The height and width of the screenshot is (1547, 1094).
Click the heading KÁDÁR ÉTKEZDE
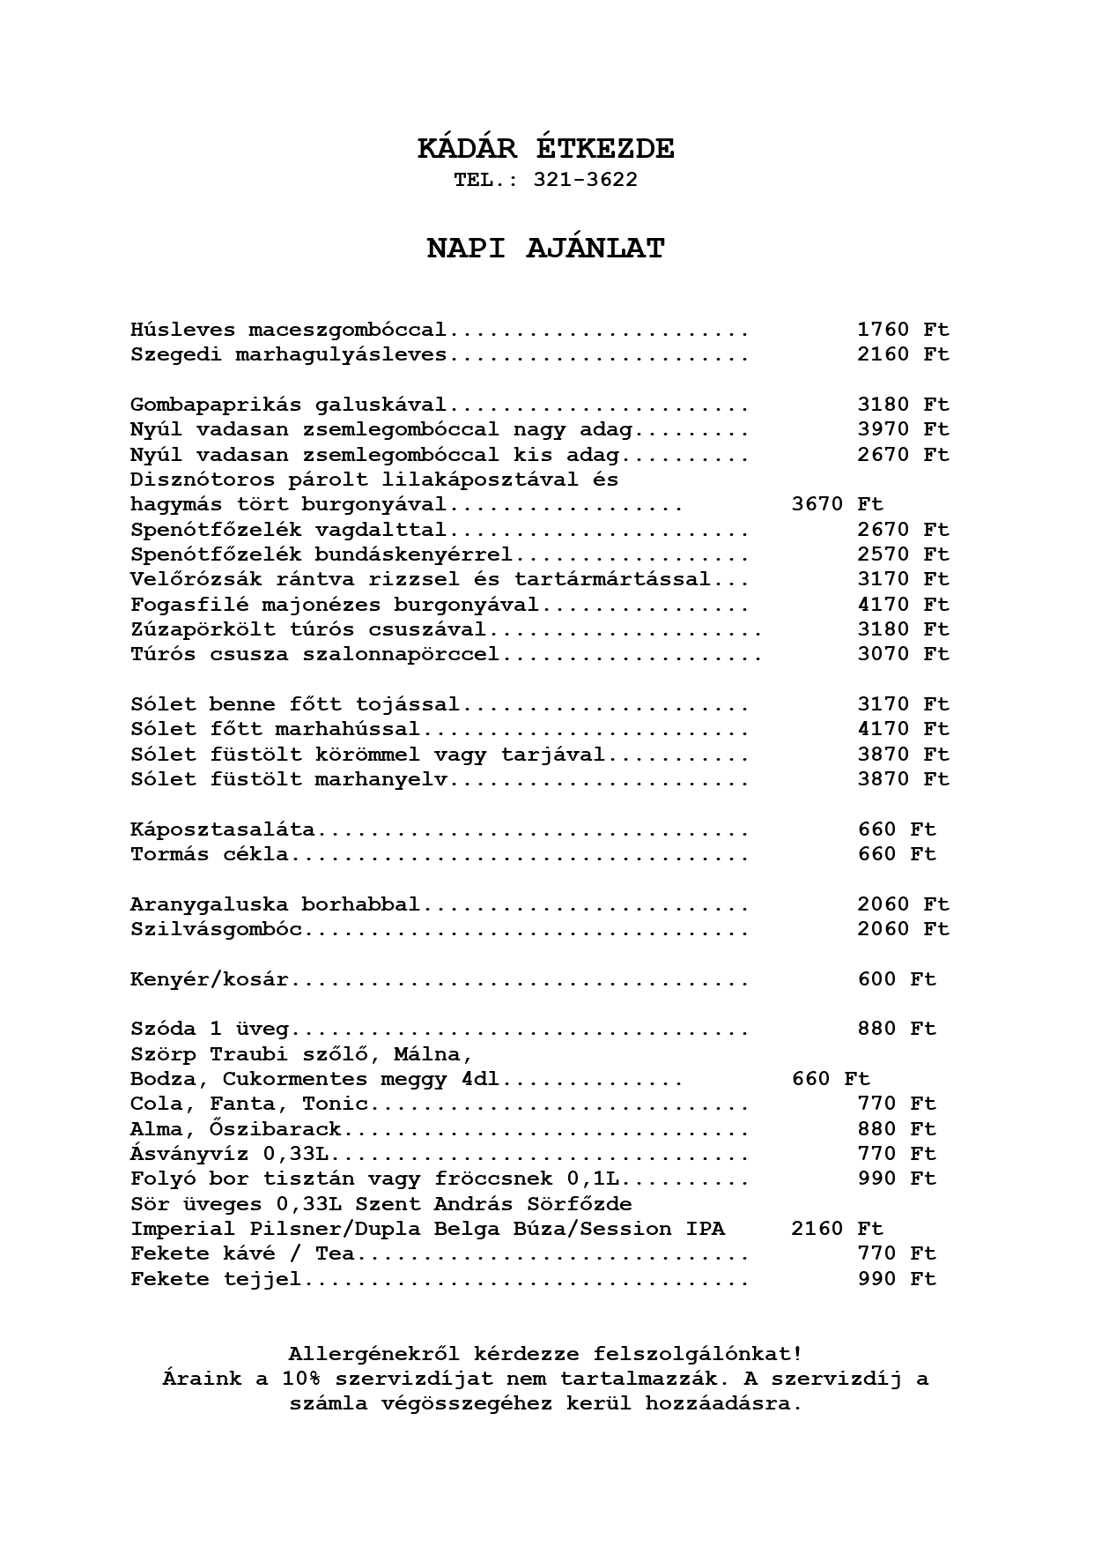click(546, 149)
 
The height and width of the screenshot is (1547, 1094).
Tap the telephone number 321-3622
click(585, 180)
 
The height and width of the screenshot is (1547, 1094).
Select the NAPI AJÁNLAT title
click(546, 249)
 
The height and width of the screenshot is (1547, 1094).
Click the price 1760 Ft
click(903, 330)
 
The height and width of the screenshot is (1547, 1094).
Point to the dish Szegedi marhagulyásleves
click(288, 355)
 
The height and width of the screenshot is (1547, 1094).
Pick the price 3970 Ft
click(903, 430)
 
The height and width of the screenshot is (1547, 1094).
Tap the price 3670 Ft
click(837, 505)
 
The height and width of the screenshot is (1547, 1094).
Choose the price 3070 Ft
click(903, 654)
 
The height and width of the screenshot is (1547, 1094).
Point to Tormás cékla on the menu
click(209, 854)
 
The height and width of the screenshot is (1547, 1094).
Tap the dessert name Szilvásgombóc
click(216, 929)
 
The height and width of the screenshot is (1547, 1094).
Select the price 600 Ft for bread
click(897, 979)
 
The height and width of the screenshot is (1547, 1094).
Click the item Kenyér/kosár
click(209, 979)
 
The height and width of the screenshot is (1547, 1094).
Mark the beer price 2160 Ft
click(837, 1229)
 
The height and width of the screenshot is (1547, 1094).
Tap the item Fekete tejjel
click(216, 1279)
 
